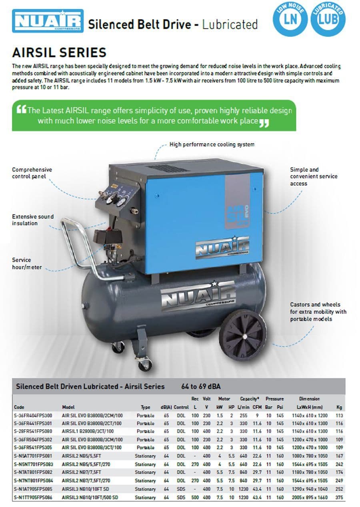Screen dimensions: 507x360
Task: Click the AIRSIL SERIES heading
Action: (59, 52)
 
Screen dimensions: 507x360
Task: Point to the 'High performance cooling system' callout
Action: (212, 144)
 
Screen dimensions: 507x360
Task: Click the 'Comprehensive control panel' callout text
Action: (32, 173)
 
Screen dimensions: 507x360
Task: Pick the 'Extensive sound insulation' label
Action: (33, 220)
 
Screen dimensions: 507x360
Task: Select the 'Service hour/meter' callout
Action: (27, 263)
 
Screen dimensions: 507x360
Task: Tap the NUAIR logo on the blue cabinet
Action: (222, 246)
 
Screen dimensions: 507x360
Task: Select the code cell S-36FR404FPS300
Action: (33, 415)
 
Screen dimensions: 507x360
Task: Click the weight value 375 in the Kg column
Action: (339, 497)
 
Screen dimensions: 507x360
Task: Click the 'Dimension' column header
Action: (309, 399)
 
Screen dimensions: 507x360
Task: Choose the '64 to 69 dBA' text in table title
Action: (201, 387)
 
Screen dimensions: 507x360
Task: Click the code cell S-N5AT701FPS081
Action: (33, 456)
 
